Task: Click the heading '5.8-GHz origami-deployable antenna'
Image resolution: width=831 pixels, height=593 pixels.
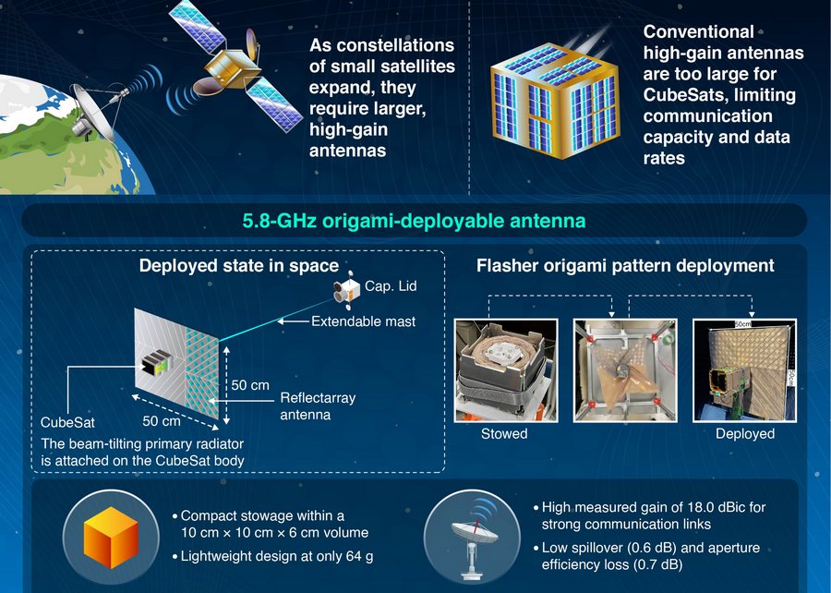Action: coord(414,221)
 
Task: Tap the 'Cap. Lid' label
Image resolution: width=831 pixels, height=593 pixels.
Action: coord(391,286)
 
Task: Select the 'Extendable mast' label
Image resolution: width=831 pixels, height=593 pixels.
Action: coord(363,321)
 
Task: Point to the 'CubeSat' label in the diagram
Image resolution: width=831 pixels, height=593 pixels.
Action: coord(67,422)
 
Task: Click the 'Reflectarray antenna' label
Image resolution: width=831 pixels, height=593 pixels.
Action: coord(318,405)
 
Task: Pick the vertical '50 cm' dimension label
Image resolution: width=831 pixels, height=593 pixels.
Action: coord(250,385)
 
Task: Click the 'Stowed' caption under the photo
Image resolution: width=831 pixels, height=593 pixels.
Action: coord(504,433)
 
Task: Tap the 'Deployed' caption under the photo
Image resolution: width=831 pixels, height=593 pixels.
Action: coord(745,433)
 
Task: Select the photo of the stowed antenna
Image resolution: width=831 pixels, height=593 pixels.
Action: coord(506,370)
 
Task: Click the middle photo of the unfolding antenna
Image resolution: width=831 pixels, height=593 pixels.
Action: coord(625,370)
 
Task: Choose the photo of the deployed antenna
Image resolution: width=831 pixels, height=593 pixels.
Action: coord(744,370)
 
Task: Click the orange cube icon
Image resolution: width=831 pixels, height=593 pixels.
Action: coord(112,537)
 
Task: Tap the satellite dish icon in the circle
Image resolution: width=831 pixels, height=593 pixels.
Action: coord(472,538)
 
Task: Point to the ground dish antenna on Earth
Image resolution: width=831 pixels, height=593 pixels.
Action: coord(98,110)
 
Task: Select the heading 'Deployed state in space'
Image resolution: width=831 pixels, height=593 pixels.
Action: coord(239,265)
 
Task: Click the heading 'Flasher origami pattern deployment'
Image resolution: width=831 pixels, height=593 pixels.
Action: coord(625,265)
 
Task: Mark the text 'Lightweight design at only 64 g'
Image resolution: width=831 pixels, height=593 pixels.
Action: coord(277,556)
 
